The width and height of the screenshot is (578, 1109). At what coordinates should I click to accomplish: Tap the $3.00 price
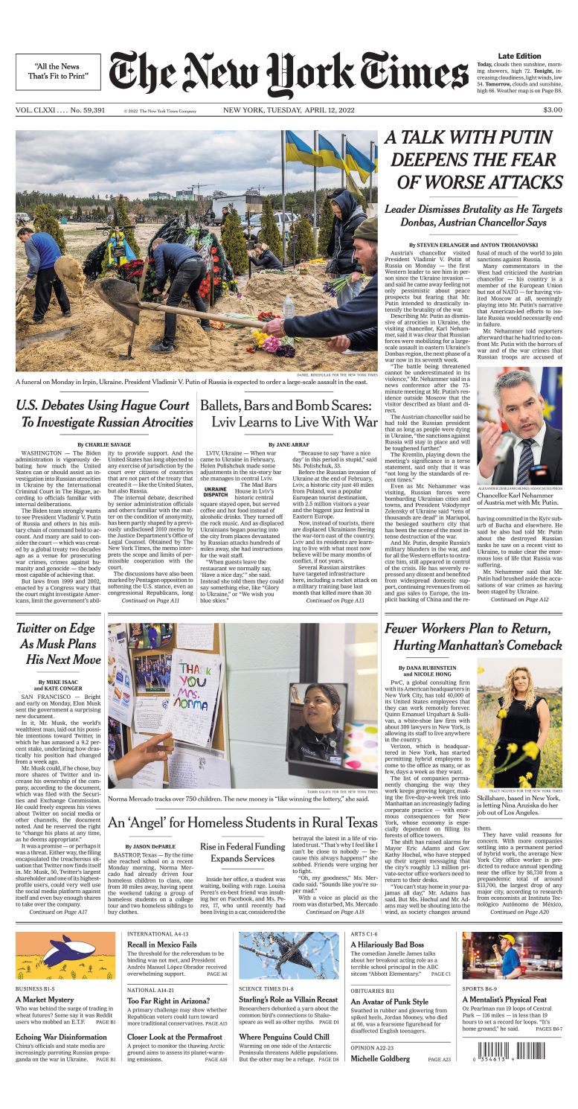coord(552,110)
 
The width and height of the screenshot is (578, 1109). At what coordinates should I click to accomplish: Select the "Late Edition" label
coord(519,57)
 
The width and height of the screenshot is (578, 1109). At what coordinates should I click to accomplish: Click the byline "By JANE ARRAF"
coord(291,444)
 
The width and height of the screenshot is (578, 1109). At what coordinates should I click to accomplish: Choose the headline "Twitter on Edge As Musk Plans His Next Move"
coord(59,644)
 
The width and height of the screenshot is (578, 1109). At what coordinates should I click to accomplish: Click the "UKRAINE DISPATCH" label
coord(216,491)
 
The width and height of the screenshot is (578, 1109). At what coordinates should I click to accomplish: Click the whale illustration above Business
coord(65,956)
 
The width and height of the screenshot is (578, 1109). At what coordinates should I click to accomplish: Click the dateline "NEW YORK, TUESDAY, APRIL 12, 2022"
coord(289,110)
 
